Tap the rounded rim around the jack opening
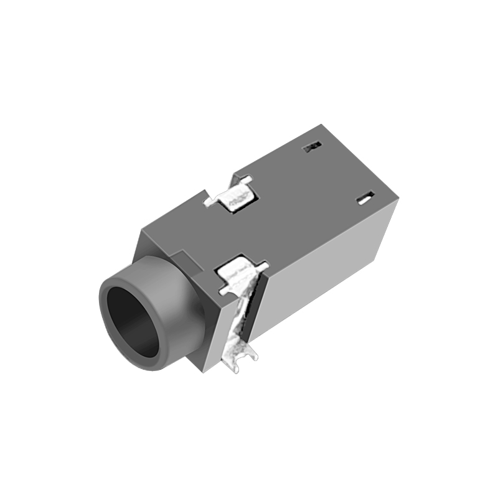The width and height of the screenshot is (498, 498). tap(112, 293)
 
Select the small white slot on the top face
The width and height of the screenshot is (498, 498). tap(364, 199)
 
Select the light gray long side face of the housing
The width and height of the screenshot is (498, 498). tap(324, 274)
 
